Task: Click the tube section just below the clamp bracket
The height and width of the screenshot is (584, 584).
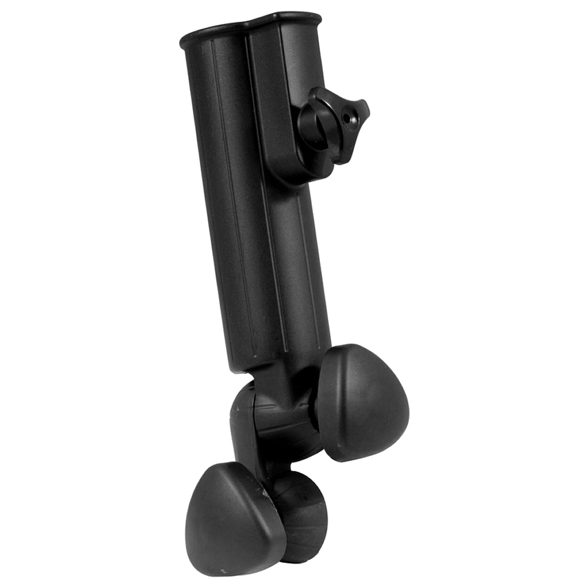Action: click(x=298, y=234)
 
